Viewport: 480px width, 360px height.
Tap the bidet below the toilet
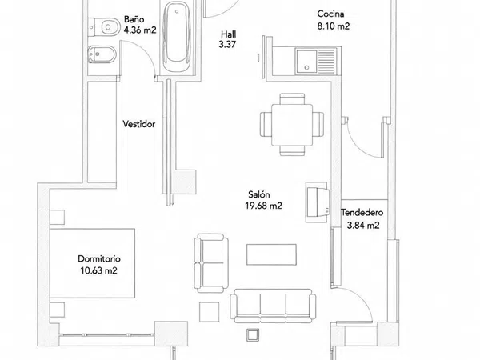(x=102, y=54)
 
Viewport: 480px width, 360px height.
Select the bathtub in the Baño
(x=177, y=37)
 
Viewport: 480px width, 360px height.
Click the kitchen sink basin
(x=306, y=62)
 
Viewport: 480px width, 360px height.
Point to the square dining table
(x=292, y=125)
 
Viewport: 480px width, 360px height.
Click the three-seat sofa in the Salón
(x=273, y=306)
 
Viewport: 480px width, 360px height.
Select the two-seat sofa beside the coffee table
(x=211, y=262)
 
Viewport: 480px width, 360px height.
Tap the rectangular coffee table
(x=271, y=254)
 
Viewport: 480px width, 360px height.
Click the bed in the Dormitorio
(x=92, y=263)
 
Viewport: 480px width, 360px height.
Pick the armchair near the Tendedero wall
(x=318, y=202)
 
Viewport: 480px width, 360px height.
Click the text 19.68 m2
(x=263, y=206)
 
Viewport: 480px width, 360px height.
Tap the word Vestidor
(x=139, y=124)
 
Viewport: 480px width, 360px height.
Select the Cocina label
(x=330, y=14)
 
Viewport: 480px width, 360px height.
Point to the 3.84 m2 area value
(x=363, y=226)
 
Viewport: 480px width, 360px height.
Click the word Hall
(x=229, y=34)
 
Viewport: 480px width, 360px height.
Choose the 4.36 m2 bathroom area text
(x=140, y=30)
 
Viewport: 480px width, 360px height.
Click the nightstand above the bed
(x=58, y=218)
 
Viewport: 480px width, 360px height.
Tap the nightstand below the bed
(x=58, y=310)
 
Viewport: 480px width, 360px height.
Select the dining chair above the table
(x=292, y=98)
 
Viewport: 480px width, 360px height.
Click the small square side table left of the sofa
(x=209, y=312)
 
